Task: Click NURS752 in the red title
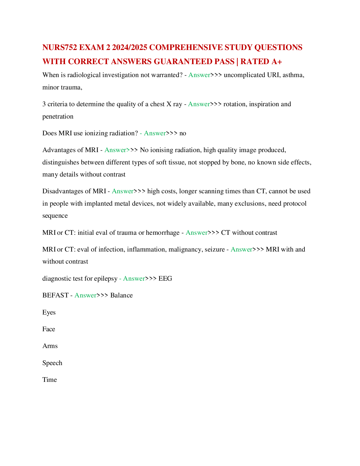point(60,47)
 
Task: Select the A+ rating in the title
point(276,61)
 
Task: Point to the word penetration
point(58,117)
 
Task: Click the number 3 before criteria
point(44,104)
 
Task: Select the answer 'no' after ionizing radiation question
point(183,133)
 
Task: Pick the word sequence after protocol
point(55,216)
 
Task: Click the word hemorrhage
point(163,233)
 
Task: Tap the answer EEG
point(165,279)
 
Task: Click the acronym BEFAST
point(55,295)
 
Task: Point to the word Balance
point(121,295)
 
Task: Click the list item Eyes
point(49,312)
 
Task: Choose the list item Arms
point(50,346)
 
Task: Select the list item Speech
point(52,363)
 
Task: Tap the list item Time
point(49,380)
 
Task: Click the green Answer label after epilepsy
point(134,279)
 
